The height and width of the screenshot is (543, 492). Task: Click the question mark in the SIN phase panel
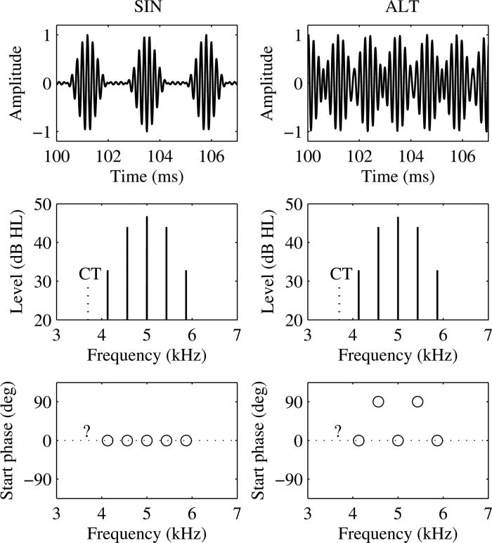[86, 431]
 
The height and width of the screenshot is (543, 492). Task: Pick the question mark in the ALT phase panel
[337, 431]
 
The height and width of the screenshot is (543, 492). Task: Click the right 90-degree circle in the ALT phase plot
[417, 402]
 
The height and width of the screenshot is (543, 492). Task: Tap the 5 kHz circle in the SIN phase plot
[147, 441]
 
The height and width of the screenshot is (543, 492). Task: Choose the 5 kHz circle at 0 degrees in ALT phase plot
[398, 441]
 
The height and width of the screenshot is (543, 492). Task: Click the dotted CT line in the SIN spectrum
[88, 302]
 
